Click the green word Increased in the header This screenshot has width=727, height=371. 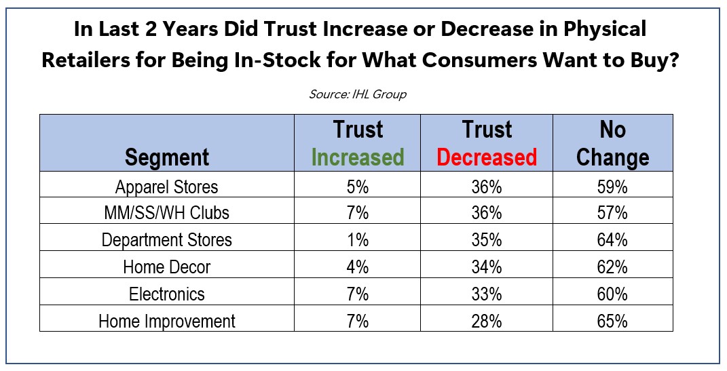357,157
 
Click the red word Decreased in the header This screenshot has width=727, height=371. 487,157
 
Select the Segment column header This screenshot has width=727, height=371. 167,157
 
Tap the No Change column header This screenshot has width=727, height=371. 612,143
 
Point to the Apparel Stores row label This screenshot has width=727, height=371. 167,185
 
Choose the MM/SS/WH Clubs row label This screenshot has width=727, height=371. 167,212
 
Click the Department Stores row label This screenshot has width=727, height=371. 167,239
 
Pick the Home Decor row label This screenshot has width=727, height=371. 167,267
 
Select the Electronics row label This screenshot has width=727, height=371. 167,294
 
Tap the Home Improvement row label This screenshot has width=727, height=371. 167,321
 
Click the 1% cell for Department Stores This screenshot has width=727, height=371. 357,239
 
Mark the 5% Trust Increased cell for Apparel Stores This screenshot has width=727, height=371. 357,185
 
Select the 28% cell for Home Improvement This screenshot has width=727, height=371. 487,321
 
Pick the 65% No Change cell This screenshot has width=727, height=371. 612,321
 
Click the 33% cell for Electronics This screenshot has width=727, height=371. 487,294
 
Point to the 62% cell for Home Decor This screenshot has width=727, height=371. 612,267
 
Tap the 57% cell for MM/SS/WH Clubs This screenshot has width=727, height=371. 612,212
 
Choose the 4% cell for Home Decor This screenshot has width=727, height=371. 357,267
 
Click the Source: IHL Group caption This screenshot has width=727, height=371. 358,94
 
